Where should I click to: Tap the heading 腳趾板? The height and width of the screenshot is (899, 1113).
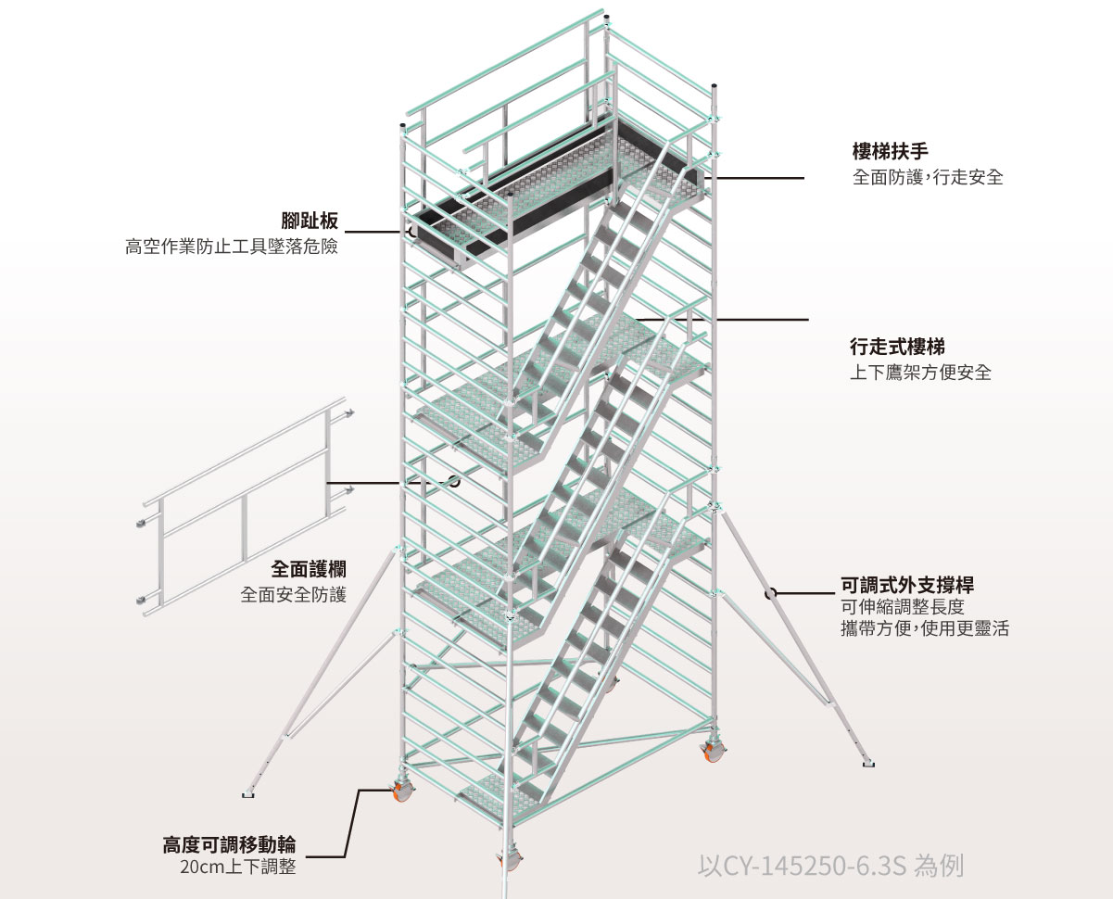pos(310,221)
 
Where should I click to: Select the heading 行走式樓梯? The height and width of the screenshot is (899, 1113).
pos(897,348)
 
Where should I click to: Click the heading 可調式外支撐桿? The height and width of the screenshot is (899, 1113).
pos(905,585)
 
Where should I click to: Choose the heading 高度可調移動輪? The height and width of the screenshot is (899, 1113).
pos(229,845)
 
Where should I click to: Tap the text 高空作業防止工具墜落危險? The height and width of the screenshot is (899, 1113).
pos(231,247)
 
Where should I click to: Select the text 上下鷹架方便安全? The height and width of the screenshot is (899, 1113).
pos(920,373)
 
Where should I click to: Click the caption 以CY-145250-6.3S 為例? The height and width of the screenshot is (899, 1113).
pos(829,867)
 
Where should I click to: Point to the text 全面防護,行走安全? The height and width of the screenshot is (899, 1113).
pos(928,177)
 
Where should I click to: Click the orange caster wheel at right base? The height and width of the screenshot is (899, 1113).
pos(712,752)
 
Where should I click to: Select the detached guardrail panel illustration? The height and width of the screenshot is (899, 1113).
pos(246,510)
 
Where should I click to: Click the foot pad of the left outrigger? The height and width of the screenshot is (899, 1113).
pos(248,793)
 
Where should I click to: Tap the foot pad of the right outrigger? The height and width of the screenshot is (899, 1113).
pos(867,765)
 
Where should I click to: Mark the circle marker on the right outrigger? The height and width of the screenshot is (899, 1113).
pos(769,593)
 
